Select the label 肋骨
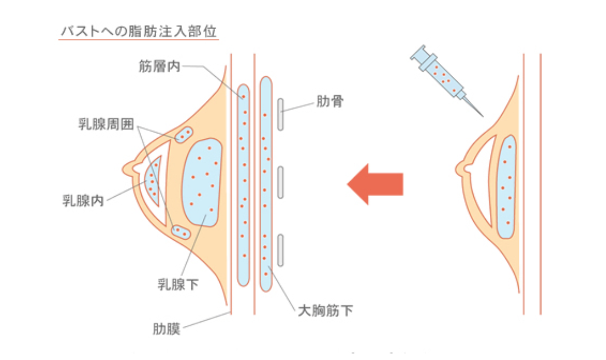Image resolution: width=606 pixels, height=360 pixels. tap(329, 102)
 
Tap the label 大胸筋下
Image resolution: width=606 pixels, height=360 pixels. tap(326, 311)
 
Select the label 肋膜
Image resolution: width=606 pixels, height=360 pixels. tap(166, 329)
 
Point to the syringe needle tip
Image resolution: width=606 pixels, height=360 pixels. tap(482, 116)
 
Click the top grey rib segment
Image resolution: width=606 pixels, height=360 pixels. tap(280, 114)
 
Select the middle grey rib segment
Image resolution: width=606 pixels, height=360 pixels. tap(280, 182)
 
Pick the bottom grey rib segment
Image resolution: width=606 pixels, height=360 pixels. tap(280, 250)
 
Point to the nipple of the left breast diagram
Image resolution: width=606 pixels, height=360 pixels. tap(128, 168)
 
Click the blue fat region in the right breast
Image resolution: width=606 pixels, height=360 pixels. tap(507, 186)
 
